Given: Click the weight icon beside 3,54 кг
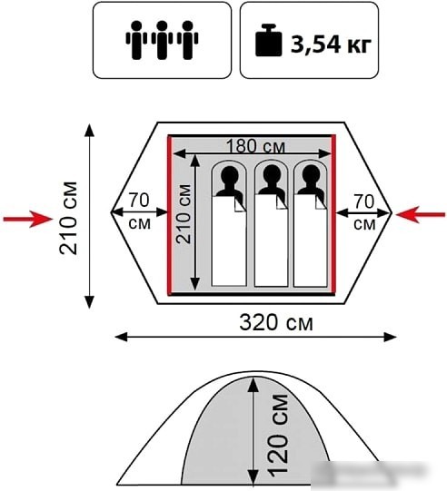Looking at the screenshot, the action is tap(268, 41).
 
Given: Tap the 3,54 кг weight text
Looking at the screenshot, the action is tap(331, 44).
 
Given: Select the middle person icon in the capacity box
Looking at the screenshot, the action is tap(162, 40).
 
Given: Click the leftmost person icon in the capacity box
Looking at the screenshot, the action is tap(136, 40).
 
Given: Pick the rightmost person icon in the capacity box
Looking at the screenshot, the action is tap(187, 40).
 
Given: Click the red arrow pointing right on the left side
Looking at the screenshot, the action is tap(28, 219).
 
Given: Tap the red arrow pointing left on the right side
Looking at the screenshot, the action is tap(421, 215).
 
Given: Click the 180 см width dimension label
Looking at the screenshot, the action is tap(256, 146).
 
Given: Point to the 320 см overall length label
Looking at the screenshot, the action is tap(276, 322).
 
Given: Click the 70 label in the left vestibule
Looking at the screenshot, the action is tap(139, 200).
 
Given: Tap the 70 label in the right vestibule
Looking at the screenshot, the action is tap(364, 201).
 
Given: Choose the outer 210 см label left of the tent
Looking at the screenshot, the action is tap(68, 218).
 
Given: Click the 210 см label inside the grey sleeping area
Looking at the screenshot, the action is tap(184, 214).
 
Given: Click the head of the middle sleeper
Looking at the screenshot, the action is tap(272, 174).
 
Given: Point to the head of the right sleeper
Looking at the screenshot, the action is tap(311, 174).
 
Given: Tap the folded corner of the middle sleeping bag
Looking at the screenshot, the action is tap(281, 203).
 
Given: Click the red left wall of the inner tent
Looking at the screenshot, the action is tap(170, 215).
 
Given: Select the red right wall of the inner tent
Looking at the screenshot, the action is tap(333, 215).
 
